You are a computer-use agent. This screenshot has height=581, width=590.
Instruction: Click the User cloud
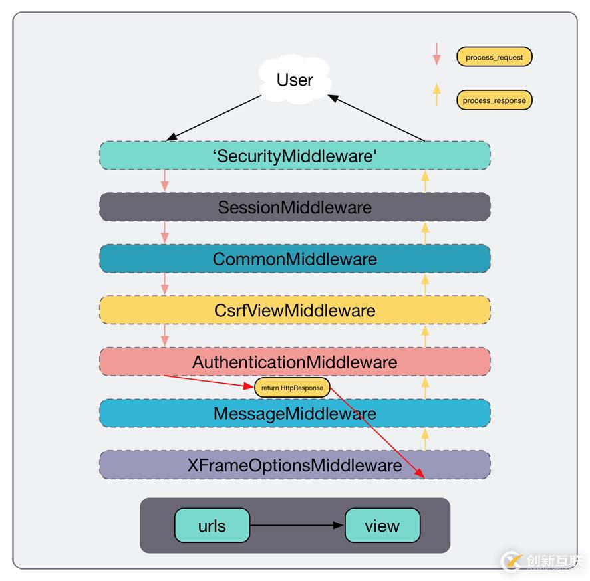(x=295, y=80)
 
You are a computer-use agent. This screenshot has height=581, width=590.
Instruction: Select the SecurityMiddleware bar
(x=295, y=155)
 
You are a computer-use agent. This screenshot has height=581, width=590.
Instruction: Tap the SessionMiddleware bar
(x=295, y=207)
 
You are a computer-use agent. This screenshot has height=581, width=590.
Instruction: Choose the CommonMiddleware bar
(x=295, y=259)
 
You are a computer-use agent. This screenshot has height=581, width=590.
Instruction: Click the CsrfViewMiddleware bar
(x=295, y=310)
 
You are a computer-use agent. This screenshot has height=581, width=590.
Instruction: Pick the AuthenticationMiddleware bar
(x=295, y=362)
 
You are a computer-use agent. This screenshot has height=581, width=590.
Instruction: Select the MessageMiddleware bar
(x=295, y=413)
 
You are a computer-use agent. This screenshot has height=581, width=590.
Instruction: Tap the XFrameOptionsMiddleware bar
(x=295, y=465)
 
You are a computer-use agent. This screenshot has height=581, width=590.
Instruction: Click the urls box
(x=212, y=526)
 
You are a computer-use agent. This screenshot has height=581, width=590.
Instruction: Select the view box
(x=382, y=526)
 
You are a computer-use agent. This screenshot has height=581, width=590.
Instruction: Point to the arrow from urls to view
(x=297, y=526)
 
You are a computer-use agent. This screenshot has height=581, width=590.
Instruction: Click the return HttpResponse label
(x=292, y=388)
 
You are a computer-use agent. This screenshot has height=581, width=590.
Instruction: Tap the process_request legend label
(x=494, y=57)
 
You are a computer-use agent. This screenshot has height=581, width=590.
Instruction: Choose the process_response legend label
(x=494, y=100)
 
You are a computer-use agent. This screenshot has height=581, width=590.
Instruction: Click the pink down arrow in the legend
(x=436, y=53)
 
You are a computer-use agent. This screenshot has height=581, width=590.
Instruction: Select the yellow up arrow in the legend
(x=436, y=94)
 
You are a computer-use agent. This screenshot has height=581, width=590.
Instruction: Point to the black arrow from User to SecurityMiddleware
(x=214, y=118)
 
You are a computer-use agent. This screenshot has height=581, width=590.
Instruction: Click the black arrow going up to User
(x=376, y=118)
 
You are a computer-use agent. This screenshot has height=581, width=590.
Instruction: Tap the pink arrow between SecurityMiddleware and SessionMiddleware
(x=164, y=181)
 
